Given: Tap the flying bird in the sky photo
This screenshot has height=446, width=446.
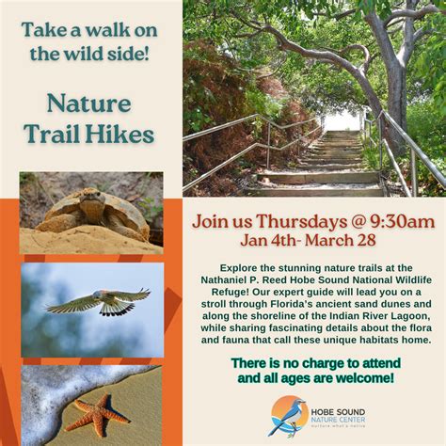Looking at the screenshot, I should click(x=98, y=301).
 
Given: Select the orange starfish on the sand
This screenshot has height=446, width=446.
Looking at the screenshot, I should click(x=98, y=412).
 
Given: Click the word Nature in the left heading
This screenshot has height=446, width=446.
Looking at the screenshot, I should click(x=90, y=104).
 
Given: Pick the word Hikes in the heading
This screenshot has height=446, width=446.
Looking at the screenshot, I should click(x=121, y=135).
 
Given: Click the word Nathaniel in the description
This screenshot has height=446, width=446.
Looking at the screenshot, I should click(x=229, y=279).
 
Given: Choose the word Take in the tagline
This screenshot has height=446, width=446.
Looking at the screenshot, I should click(x=45, y=28).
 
